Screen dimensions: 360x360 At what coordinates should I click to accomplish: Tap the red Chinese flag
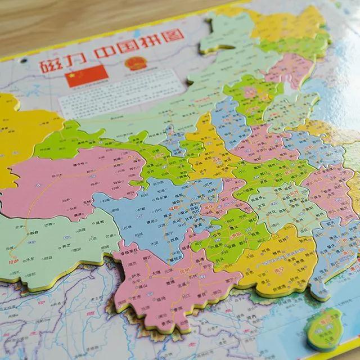(86, 75)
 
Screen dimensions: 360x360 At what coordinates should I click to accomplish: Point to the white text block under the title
(118, 96)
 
